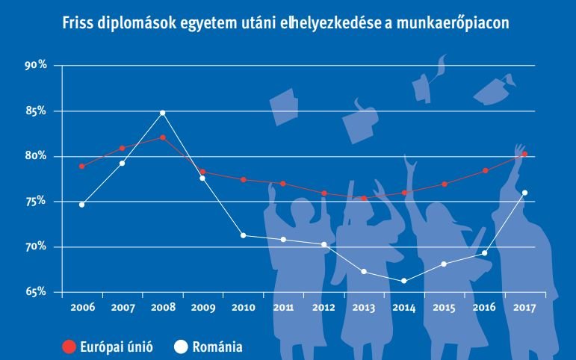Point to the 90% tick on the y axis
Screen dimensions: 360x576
(36, 66)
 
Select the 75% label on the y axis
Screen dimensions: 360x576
(36, 201)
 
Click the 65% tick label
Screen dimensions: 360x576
(36, 291)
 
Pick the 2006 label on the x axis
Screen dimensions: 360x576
(81, 307)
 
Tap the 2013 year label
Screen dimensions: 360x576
(364, 307)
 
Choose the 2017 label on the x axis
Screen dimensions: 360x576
(524, 307)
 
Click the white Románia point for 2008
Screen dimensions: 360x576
(162, 113)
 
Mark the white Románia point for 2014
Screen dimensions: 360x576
(404, 281)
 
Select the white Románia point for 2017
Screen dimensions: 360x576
(524, 193)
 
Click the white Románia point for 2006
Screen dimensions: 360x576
(81, 205)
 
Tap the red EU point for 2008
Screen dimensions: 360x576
(162, 137)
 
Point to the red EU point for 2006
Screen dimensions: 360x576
(81, 166)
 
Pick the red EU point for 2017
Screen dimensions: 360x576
(524, 154)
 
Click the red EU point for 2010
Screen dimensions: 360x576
(243, 180)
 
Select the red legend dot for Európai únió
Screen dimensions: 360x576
(69, 346)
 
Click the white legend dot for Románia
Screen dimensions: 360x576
(179, 346)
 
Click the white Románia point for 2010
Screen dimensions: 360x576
(243, 235)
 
